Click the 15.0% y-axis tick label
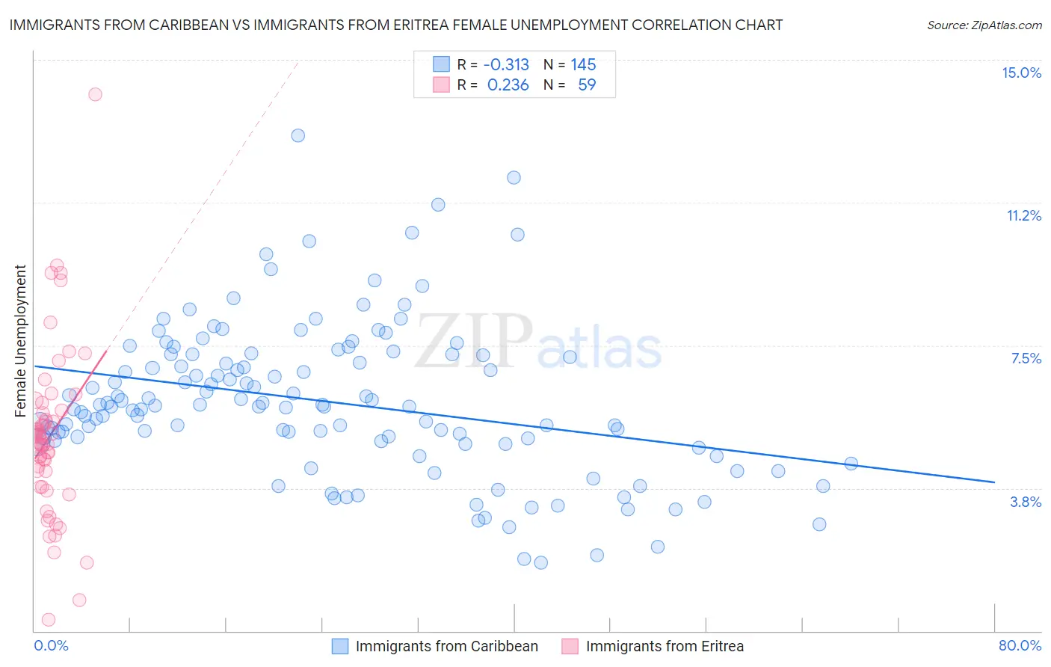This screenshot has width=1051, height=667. coord(1021,73)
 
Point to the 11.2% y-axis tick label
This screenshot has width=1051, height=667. coord(1023,215)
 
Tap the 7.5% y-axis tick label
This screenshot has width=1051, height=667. coord(1026,358)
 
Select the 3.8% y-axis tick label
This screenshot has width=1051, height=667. coord(1026,502)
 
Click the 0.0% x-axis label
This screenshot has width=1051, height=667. coord(51,645)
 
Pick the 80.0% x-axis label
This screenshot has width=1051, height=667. coord(1020,645)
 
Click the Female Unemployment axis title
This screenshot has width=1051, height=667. coord(20,340)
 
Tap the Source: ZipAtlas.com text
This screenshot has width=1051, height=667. coord(984,25)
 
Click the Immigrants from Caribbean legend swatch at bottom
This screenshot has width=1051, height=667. coord(340,646)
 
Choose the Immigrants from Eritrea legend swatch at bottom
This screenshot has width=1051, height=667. coord(570,646)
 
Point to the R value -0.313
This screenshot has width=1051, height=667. coord(506,64)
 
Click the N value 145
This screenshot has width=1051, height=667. coord(583,64)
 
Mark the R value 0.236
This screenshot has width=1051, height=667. coord(508,84)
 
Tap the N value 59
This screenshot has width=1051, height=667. coord(587,84)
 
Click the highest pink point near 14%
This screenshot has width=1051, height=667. coord(95,94)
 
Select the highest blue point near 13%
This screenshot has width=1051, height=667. coord(298,135)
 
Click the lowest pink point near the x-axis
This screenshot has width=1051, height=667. coord(49,619)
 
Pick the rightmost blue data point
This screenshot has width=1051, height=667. coord(851,464)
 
